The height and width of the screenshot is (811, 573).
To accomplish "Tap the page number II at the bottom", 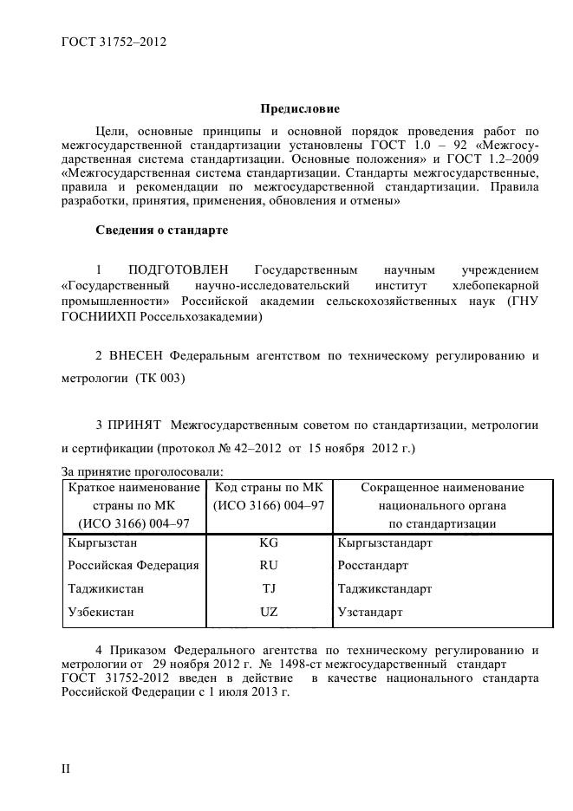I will point(65,768).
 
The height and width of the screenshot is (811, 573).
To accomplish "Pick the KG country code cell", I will point(268,542).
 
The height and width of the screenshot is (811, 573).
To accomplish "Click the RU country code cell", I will point(268,566).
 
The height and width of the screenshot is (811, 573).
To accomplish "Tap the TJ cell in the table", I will point(268,589).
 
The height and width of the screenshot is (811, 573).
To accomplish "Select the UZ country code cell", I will point(268,613).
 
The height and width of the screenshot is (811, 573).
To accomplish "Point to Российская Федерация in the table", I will point(133,566).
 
